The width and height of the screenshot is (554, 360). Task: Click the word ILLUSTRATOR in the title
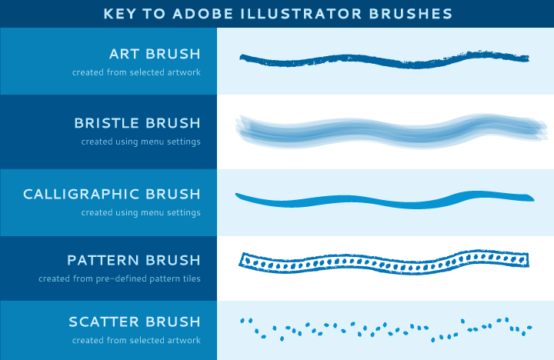(302, 14)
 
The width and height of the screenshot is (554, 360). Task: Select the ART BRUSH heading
(155, 54)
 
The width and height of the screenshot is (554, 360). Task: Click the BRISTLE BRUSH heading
(137, 123)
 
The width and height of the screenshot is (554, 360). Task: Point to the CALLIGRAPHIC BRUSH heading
(112, 195)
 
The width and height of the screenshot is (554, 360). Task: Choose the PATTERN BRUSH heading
(134, 260)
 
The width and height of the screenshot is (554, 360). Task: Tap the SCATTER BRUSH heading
(135, 322)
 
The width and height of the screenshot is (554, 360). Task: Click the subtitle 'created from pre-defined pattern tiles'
(119, 278)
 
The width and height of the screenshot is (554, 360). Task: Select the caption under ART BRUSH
(136, 72)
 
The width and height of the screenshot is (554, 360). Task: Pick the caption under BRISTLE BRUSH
(141, 142)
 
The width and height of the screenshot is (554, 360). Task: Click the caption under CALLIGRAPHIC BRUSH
(141, 212)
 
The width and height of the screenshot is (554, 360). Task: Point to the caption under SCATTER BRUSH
(136, 340)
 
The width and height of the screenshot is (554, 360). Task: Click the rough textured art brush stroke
(384, 60)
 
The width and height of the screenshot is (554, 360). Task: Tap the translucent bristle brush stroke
(390, 132)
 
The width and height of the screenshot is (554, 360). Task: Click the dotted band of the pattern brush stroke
(384, 263)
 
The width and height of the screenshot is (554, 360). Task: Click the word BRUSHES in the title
(411, 14)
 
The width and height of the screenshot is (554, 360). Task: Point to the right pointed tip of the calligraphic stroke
(534, 200)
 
